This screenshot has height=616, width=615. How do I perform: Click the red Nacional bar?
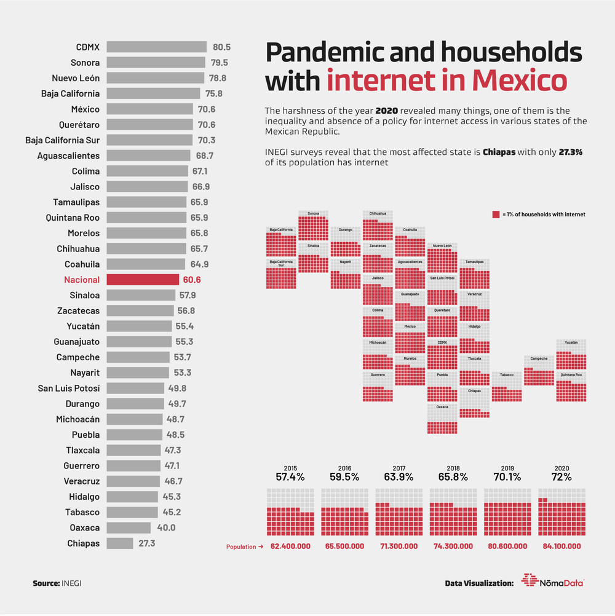pos(143,280)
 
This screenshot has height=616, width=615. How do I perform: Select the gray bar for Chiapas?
pos(120,543)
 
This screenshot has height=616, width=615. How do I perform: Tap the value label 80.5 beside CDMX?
pos(221,47)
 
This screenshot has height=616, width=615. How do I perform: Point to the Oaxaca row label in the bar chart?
pos(84,527)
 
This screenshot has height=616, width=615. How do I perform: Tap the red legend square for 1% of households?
pos(496,215)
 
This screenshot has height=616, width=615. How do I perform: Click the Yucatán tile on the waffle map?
pos(571,354)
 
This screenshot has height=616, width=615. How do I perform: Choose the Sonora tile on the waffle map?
pos(313,226)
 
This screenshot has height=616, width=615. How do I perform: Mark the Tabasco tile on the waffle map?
pos(507,387)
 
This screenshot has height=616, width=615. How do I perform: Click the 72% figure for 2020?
pos(561,476)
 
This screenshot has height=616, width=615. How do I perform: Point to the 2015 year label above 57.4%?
pos(290,467)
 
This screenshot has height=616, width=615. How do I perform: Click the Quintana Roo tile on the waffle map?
pos(571,387)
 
